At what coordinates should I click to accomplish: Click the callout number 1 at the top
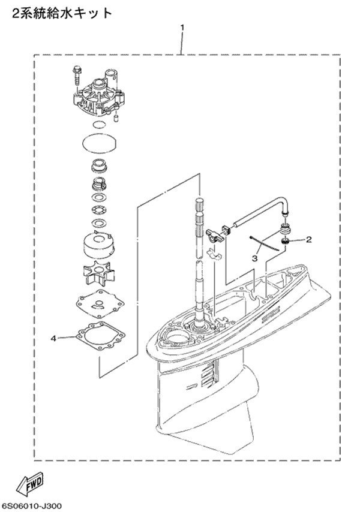(x=182, y=28)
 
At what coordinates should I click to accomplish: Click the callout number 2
(x=308, y=240)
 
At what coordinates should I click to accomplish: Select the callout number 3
(x=254, y=258)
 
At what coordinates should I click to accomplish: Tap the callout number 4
(x=53, y=339)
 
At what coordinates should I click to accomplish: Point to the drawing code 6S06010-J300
(x=32, y=505)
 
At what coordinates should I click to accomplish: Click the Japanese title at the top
(x=62, y=13)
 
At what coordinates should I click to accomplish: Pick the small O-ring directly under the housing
(x=99, y=125)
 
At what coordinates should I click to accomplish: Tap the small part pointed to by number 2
(x=286, y=242)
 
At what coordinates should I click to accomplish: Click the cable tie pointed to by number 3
(x=265, y=243)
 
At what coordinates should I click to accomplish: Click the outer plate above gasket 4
(x=98, y=303)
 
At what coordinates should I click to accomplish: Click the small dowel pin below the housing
(x=115, y=118)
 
